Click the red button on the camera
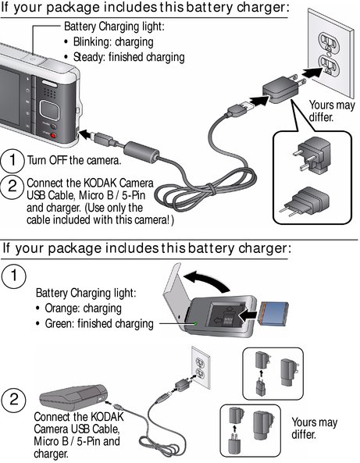(53, 136)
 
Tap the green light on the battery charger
(195, 323)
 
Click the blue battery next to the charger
(273, 314)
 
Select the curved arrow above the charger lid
(206, 281)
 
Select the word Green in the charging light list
(59, 323)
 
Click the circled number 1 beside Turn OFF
(12, 160)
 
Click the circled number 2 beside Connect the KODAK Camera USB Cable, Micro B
(12, 187)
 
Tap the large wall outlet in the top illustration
(330, 52)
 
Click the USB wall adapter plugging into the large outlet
(281, 89)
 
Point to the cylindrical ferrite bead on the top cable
(141, 152)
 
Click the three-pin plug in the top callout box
(312, 155)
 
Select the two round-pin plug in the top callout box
(305, 201)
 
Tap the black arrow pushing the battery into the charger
(248, 316)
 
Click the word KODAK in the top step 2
(101, 183)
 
